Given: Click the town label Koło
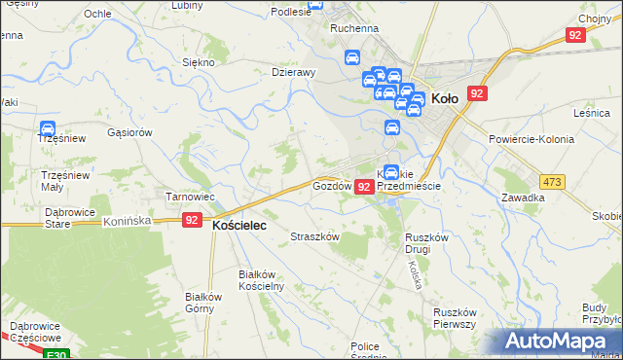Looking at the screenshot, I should pos(444,97).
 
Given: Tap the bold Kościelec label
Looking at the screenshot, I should pos(239,224).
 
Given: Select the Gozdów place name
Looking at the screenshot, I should pos(331,186).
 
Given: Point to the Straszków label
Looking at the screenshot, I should pos(315,236).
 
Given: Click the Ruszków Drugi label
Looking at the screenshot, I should pos(425,243).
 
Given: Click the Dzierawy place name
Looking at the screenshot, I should pos(294,71).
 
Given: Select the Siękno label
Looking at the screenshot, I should pos(199,61).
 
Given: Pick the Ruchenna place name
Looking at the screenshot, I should pos(353,28).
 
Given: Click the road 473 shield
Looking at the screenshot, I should pos(554,182).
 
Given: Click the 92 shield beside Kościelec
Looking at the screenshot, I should pos(192,221).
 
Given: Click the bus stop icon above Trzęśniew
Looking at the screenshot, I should pos(47,127).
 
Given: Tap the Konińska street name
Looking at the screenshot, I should pos(128,222).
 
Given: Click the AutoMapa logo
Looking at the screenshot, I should pos(560,342).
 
